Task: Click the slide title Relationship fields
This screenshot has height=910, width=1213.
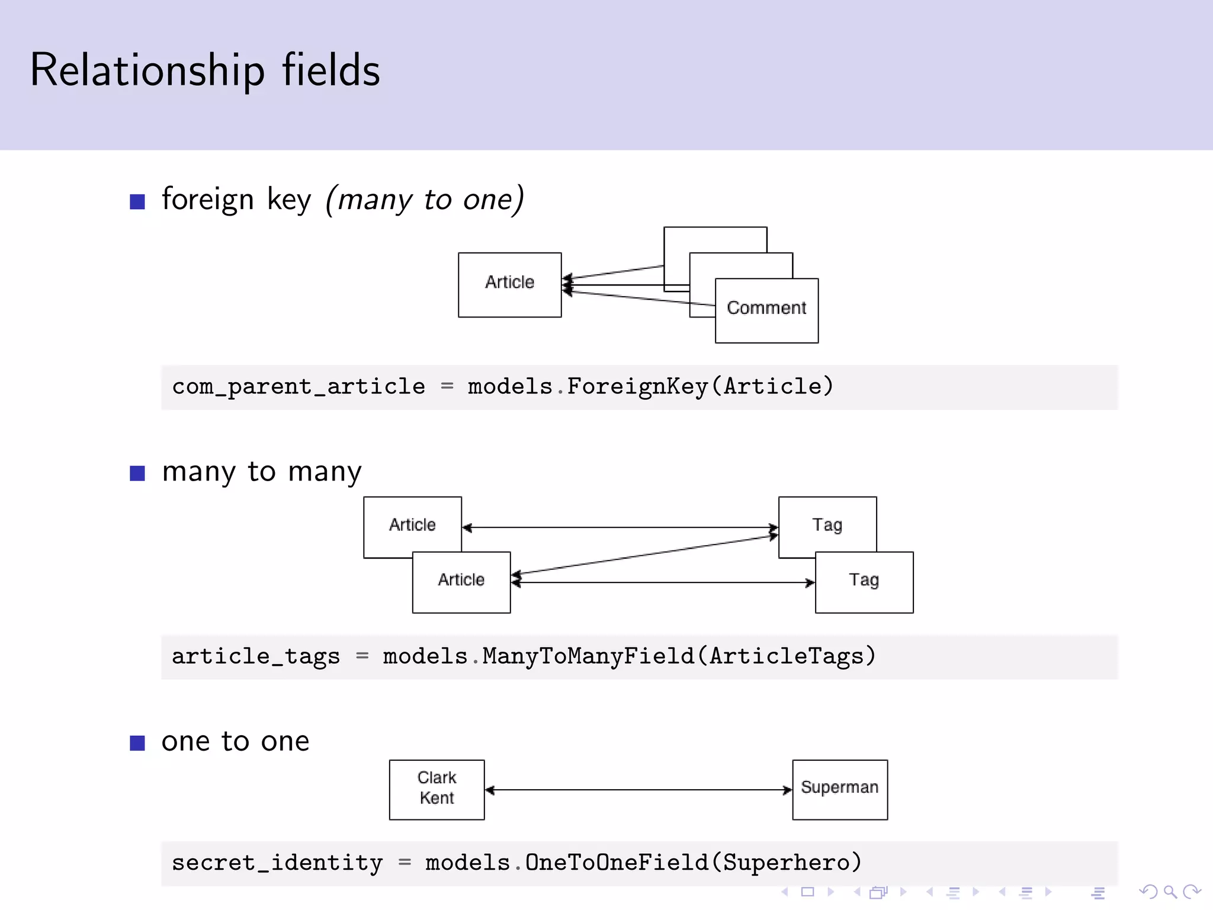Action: pos(205,70)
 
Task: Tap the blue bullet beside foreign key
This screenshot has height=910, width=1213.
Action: pos(137,201)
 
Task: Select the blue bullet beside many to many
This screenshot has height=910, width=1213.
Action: pos(137,473)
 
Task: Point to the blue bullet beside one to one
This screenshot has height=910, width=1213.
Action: pos(137,743)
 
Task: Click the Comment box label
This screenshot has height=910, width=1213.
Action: pos(766,308)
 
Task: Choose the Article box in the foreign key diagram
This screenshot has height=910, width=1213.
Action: pos(509,284)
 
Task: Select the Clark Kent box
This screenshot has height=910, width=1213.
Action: pos(437,789)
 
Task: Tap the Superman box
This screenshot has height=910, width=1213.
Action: pos(839,789)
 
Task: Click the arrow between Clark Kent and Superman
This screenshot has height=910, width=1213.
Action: pos(638,790)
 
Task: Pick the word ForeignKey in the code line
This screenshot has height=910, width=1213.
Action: pos(637,387)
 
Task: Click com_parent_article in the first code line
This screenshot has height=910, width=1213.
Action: pos(299,387)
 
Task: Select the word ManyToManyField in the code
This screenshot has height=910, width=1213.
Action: pos(588,656)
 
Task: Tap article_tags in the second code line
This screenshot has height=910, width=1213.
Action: pos(256,656)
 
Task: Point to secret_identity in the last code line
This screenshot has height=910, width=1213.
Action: pos(277,863)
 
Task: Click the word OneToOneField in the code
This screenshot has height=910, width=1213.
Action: pos(616,863)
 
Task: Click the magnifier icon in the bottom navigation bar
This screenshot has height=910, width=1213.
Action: pos(1170,892)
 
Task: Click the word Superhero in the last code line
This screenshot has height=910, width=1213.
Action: pos(787,863)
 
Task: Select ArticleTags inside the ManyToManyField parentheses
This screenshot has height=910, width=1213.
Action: pos(787,656)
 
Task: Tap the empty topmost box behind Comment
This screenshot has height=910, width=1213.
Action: pos(715,239)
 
